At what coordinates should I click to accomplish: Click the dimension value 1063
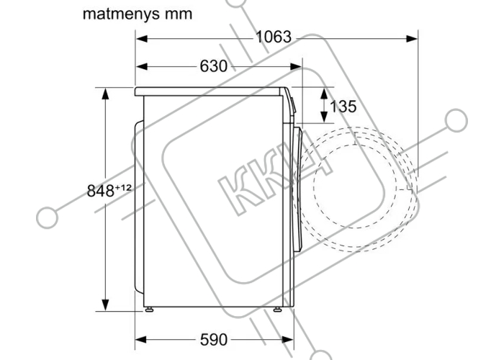(274, 37)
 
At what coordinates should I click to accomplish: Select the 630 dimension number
(213, 66)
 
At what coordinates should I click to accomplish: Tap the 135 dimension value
(343, 107)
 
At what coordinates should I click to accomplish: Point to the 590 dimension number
(213, 339)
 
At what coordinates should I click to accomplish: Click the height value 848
(101, 191)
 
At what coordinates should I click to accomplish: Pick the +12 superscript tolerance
(123, 187)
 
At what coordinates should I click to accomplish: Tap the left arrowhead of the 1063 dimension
(141, 39)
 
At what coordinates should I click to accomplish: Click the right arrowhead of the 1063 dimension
(412, 39)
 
